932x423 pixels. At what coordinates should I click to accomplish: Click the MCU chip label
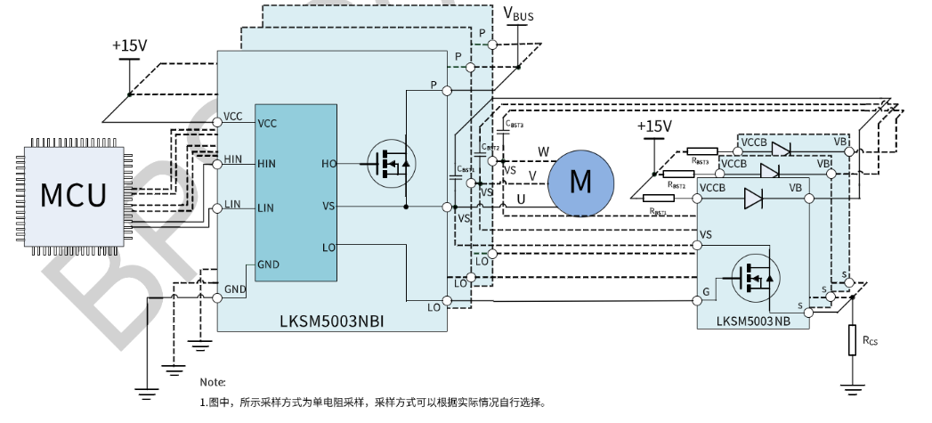74,193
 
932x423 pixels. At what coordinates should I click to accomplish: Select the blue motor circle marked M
580,182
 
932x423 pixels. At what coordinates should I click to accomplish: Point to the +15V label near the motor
654,126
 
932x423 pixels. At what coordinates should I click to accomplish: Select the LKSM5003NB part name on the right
751,319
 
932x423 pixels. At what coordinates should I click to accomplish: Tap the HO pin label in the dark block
328,164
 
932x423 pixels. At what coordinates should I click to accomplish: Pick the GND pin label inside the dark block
268,264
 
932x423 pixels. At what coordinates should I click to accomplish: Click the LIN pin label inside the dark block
265,207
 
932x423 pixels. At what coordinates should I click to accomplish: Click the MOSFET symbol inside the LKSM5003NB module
756,278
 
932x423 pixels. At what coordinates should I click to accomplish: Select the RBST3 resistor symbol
702,150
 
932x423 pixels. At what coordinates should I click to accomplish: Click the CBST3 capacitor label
514,126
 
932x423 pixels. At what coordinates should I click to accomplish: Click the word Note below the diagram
213,382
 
